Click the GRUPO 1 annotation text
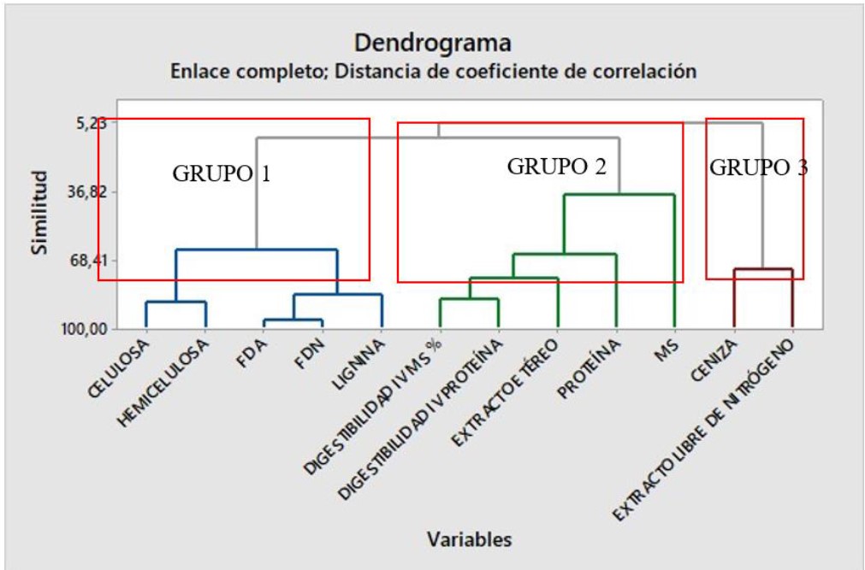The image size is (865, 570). [222, 173]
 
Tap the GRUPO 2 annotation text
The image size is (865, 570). [556, 167]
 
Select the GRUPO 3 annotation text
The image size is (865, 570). [758, 168]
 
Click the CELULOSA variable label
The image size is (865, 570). [120, 367]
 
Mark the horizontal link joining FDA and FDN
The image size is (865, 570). [293, 320]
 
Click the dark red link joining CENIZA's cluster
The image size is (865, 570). [762, 270]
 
